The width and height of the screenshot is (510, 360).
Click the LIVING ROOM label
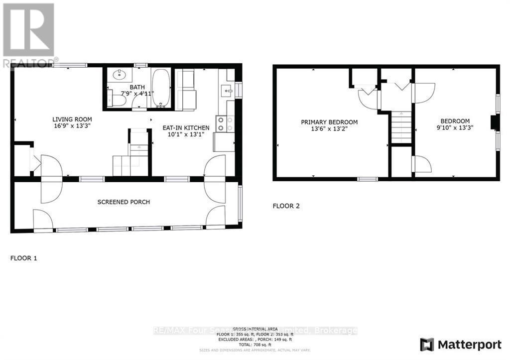tap(72, 120)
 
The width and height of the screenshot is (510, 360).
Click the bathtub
tap(161, 88)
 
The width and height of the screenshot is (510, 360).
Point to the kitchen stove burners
tap(224, 124)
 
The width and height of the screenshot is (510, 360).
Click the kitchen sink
tap(227, 91)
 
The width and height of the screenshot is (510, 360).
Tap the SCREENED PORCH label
tap(124, 202)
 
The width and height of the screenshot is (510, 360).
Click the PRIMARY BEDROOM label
tap(329, 122)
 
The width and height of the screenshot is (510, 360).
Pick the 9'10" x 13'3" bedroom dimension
tap(455, 127)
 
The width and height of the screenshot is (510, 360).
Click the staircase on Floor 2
tap(401, 127)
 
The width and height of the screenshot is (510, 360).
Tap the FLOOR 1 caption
tap(24, 258)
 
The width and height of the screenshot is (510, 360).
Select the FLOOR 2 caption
tap(286, 206)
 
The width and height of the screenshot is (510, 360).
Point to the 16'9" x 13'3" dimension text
tap(72, 126)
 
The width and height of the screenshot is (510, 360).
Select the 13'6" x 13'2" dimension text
tap(329, 128)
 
